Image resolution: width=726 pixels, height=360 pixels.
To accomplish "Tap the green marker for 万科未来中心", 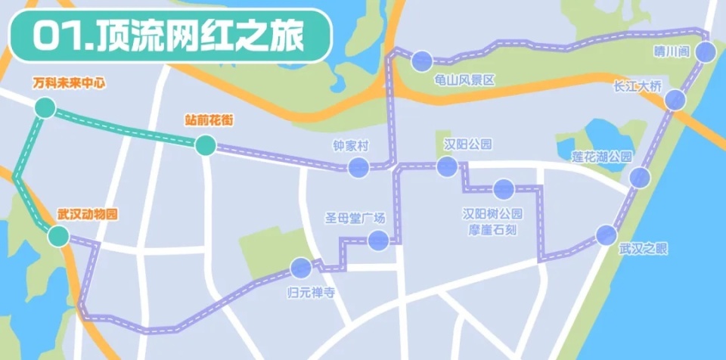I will click(x=45, y=109).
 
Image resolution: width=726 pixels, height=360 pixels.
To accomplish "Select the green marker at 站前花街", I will click(x=205, y=145).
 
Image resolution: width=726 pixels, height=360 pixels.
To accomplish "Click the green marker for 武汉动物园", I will click(x=58, y=237).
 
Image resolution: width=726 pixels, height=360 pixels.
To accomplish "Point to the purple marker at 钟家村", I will click(x=358, y=167).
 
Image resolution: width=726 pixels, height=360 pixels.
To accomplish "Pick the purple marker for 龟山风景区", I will click(x=422, y=61).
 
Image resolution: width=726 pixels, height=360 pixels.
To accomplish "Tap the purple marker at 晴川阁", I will click(x=706, y=52).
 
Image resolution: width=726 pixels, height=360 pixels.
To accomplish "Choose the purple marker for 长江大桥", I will click(x=675, y=100).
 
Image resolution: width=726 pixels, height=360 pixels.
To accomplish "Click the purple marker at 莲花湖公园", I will click(x=640, y=178).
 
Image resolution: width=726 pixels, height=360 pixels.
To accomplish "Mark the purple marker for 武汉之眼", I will click(x=606, y=235).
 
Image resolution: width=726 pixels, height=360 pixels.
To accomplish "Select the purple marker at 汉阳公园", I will click(x=445, y=166).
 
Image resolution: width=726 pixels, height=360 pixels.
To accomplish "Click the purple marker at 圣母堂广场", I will click(x=378, y=241).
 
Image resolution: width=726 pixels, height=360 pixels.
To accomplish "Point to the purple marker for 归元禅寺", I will click(x=301, y=268).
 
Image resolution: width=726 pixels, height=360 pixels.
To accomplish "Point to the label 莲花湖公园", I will click(x=602, y=157).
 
